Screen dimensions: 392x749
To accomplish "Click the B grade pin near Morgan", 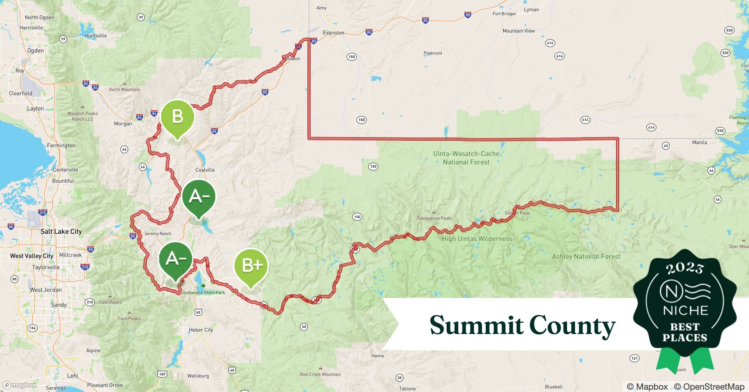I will coord(177,117).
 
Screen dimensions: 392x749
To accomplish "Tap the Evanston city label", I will coord(333,33).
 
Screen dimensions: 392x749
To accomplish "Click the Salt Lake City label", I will coord(61,232).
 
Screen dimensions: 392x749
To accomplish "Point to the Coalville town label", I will coord(205,170).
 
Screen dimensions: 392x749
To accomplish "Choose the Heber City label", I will coord(201,330).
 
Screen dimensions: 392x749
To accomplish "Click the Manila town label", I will coord(699,142).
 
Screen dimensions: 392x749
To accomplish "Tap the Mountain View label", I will coord(518,31).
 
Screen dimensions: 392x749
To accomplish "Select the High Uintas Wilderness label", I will coord(477,239).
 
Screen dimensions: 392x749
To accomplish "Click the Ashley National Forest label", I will coord(586,257).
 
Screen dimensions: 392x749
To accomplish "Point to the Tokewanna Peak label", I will coord(433,218).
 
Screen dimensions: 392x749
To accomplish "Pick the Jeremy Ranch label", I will coord(158,234).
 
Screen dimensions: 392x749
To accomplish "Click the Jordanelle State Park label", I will coord(203,292).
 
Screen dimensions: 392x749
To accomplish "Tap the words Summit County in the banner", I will coord(522,325).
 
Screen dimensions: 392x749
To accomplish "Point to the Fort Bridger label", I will coord(504,14).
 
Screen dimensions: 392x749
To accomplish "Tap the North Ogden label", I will coord(40,18).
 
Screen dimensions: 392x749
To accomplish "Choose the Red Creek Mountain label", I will coord(320,374).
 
